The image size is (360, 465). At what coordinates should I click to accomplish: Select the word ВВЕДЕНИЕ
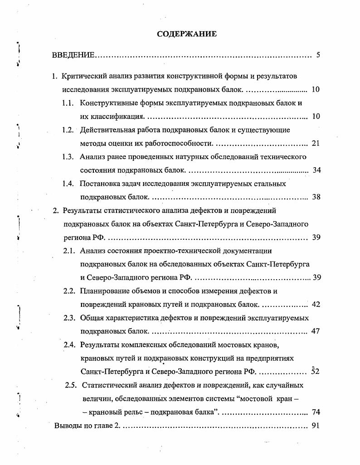73,55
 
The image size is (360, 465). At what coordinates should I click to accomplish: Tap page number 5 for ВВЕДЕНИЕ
318,55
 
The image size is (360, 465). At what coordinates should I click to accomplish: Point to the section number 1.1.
68,103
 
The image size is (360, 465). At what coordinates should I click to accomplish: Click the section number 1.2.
68,130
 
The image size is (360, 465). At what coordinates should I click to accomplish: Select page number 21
316,144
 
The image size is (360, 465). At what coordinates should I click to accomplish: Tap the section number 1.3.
68,157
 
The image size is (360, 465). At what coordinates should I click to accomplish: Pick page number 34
316,170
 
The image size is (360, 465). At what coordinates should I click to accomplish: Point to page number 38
316,197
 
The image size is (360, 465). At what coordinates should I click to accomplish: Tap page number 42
316,305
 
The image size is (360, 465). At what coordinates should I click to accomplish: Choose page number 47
316,331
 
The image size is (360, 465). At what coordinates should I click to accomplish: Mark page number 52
316,372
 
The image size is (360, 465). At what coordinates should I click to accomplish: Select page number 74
316,412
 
